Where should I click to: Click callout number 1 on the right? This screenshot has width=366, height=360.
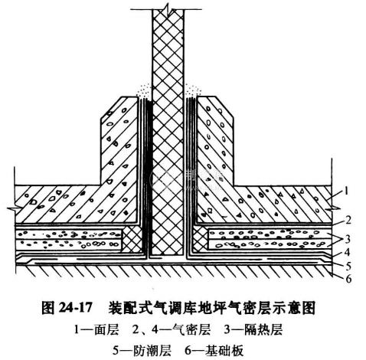(x=346, y=191)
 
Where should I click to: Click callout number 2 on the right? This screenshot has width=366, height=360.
(x=348, y=220)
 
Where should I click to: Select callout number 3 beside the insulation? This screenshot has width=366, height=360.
(x=348, y=239)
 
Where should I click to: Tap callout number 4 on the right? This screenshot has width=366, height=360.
(x=347, y=252)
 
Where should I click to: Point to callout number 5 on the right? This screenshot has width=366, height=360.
(x=348, y=266)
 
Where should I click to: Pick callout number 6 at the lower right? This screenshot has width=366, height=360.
(x=348, y=278)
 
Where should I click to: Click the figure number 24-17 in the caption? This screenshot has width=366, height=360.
(x=74, y=307)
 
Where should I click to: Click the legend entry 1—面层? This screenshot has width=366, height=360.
(x=96, y=329)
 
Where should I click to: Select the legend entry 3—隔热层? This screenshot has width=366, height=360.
(x=253, y=329)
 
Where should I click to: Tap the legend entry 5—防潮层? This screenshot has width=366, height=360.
(x=142, y=351)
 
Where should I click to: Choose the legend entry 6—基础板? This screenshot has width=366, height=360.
(x=214, y=351)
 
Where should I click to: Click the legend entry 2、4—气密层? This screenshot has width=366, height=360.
(x=172, y=329)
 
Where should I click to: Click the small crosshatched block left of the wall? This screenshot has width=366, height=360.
(x=132, y=239)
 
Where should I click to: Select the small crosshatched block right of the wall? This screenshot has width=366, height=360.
(x=201, y=238)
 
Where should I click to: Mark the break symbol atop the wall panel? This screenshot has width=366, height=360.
(x=167, y=11)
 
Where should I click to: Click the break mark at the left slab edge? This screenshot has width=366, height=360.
(x=13, y=209)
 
